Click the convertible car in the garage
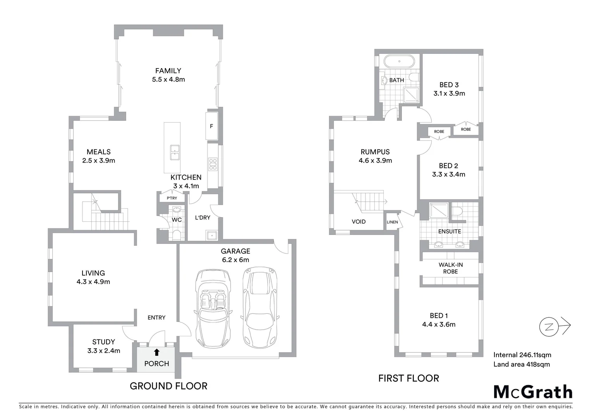213,308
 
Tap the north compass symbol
549,327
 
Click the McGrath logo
533,392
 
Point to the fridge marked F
211,126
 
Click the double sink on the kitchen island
175,152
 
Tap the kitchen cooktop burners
213,164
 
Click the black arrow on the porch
156,352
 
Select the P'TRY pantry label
172,198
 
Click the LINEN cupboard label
392,222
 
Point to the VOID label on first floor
359,222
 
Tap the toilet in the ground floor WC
177,235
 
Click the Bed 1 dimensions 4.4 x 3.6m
439,324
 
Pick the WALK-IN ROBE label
450,268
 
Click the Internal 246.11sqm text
522,355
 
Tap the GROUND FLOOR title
168,386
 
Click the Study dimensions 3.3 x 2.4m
103,351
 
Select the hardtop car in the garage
260,307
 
